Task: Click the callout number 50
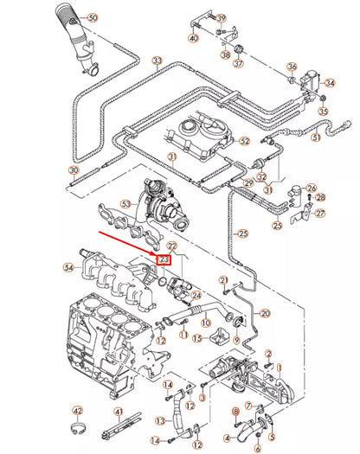[x=93, y=17]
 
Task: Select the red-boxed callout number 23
[x=164, y=258]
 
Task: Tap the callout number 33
[x=157, y=61]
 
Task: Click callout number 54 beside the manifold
[x=69, y=269]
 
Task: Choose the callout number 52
[x=244, y=140]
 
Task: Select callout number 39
[x=221, y=18]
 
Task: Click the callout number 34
[x=329, y=83]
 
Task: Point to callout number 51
[x=316, y=137]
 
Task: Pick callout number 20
[x=265, y=313]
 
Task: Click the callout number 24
[x=196, y=296]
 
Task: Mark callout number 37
[x=239, y=63]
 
